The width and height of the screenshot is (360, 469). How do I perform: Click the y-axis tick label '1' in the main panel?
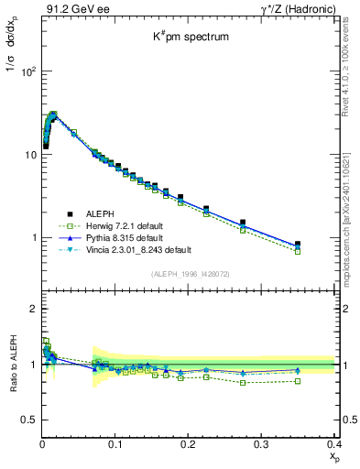point(35,238)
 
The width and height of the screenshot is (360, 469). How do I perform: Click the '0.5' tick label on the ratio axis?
point(30,420)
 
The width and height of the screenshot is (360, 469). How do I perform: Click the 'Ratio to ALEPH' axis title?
point(12,364)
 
